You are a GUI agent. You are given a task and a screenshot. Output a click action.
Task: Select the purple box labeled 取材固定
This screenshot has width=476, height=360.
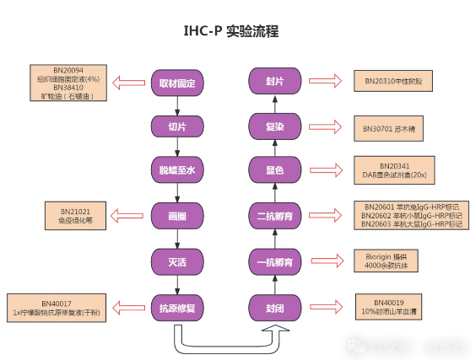[x=177, y=83]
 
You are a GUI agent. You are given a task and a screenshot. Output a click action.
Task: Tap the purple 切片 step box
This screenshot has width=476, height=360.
[x=177, y=126]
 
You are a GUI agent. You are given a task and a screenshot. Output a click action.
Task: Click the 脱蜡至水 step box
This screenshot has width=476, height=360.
[x=177, y=170]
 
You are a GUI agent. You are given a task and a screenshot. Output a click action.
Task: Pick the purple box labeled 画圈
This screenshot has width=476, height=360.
[x=177, y=215]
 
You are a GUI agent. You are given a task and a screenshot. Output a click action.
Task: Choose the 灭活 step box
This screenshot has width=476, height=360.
[x=177, y=259]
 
